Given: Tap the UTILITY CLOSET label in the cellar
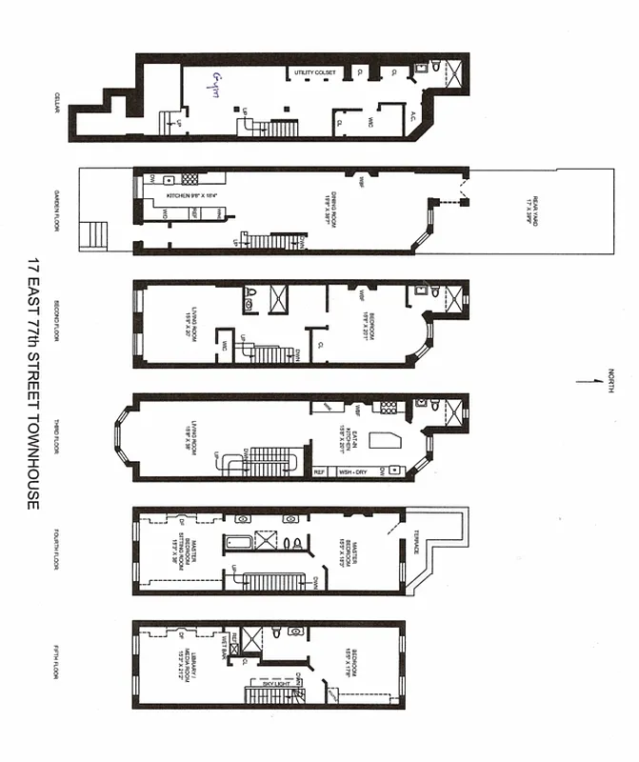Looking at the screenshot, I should click(x=313, y=72).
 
